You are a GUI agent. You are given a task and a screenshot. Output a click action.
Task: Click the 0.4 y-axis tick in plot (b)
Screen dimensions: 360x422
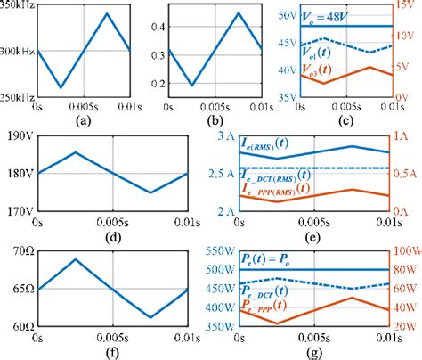[154, 28]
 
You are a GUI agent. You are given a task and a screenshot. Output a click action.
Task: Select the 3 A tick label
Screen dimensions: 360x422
[223, 136]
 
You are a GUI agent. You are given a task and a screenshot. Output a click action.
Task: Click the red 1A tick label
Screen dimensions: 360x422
[403, 136]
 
